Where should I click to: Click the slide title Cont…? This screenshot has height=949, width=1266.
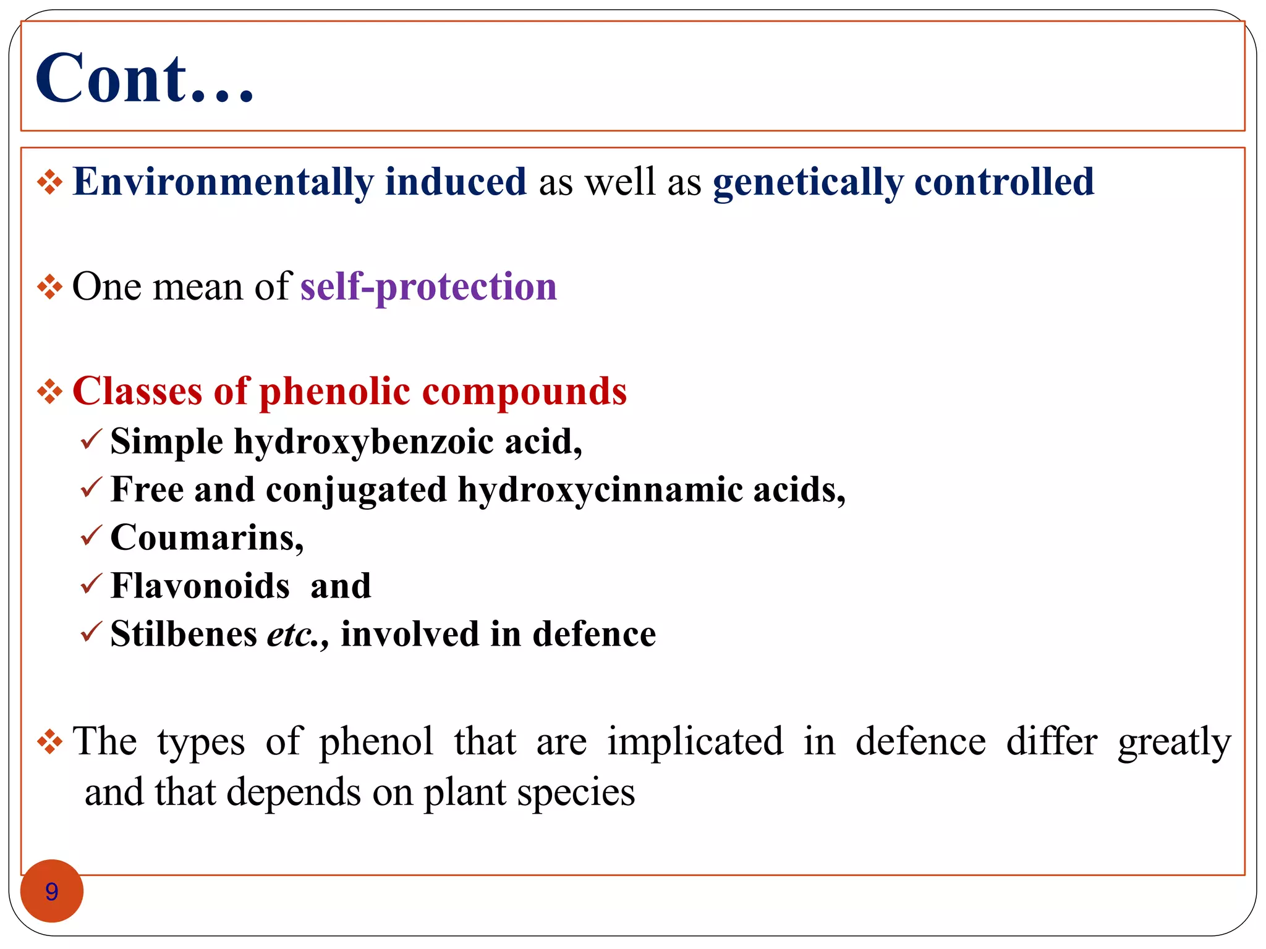(x=145, y=78)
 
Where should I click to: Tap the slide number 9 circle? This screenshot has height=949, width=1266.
(x=52, y=891)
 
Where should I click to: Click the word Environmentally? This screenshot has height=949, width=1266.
(x=223, y=182)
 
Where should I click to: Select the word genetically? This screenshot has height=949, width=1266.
(x=807, y=182)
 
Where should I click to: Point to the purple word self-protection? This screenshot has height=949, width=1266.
(x=428, y=287)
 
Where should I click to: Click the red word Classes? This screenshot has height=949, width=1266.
(x=137, y=391)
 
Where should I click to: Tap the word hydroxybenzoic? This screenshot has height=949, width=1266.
(x=363, y=442)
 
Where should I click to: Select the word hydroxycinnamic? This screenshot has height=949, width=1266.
(x=600, y=490)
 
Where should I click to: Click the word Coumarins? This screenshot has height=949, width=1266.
(x=206, y=538)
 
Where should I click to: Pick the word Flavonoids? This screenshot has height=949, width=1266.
(x=200, y=586)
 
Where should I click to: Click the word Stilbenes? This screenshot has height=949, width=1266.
(x=184, y=634)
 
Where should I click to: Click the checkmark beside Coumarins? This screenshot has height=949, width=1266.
(x=91, y=535)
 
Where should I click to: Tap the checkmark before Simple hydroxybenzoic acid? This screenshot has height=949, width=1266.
(x=91, y=439)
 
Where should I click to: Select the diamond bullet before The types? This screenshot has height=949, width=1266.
(x=49, y=741)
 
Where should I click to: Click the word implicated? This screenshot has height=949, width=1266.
(x=695, y=741)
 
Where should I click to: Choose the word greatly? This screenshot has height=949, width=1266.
(x=1174, y=743)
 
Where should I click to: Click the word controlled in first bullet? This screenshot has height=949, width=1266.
(x=1004, y=182)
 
